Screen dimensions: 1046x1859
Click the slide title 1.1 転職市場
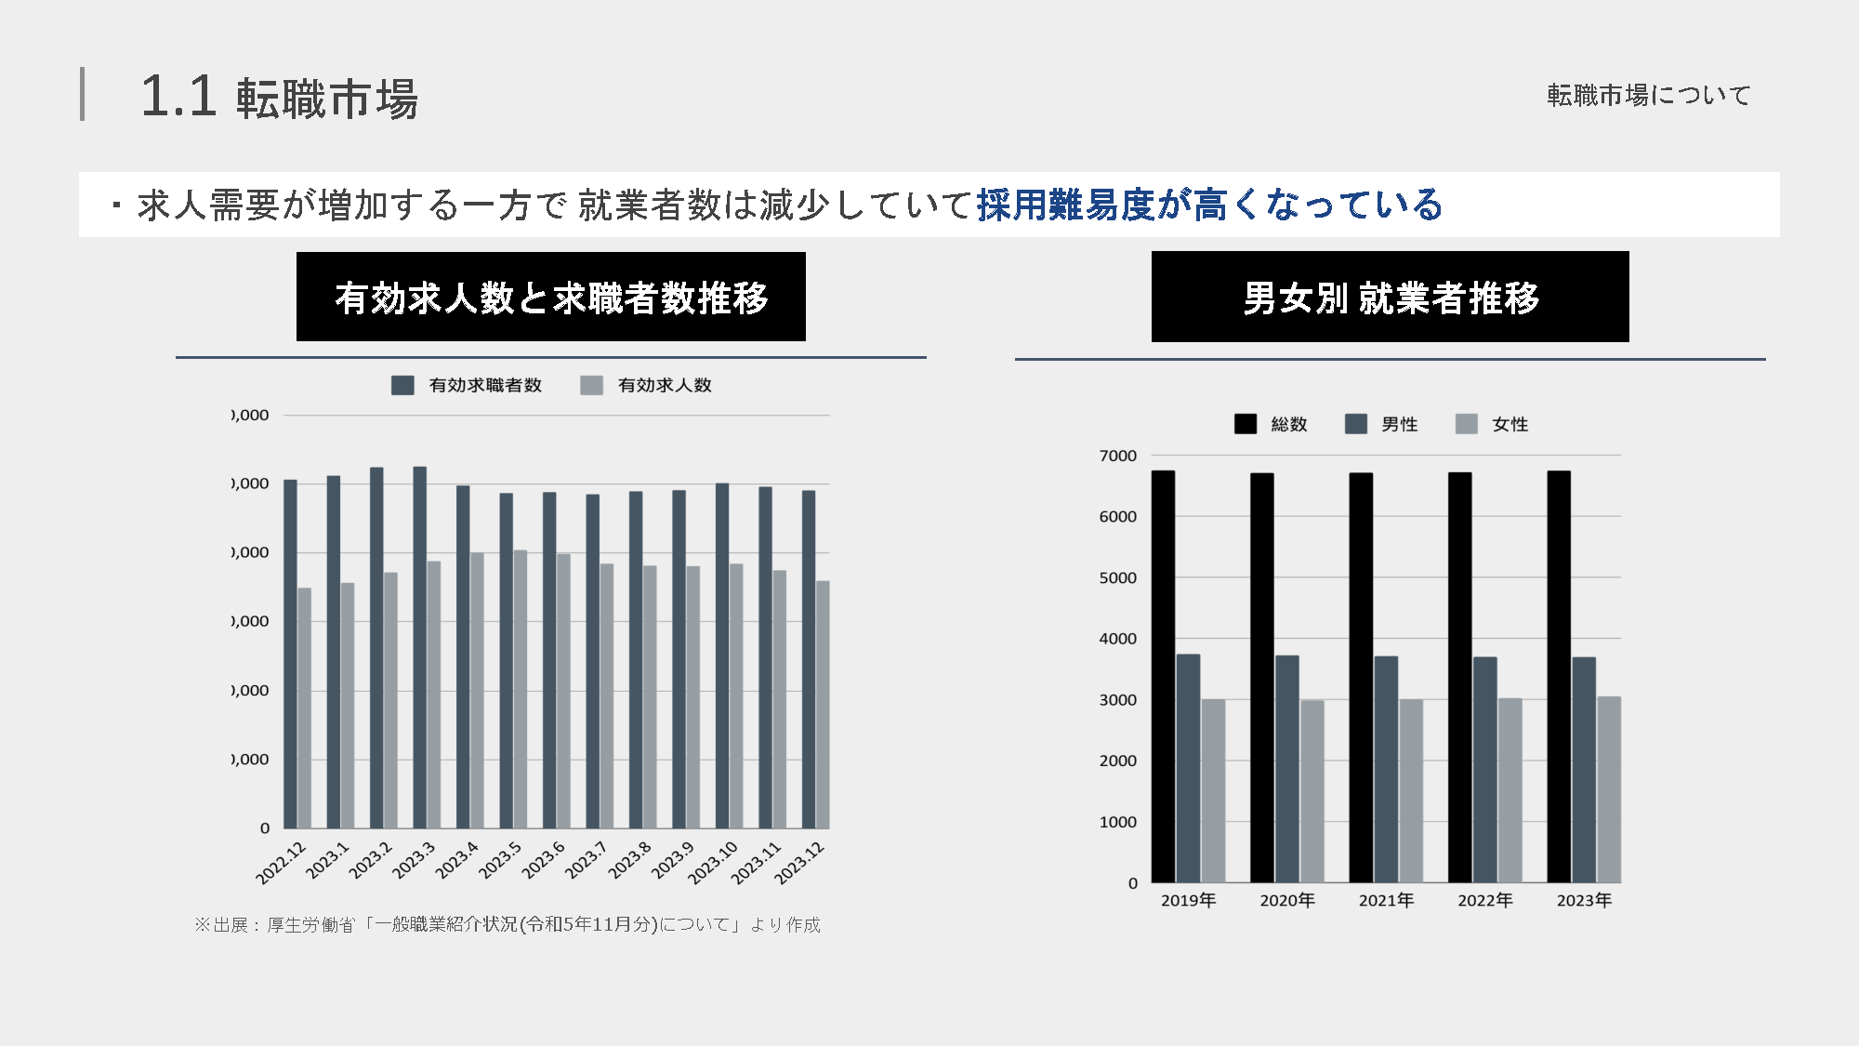(279, 97)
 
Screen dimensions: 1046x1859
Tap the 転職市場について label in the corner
(1648, 95)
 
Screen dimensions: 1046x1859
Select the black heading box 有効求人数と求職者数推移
(550, 297)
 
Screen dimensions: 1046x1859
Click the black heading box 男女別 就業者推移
(1390, 297)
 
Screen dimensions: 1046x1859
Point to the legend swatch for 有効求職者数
(402, 385)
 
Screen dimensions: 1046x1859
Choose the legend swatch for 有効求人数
(591, 385)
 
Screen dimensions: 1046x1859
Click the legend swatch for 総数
(1245, 424)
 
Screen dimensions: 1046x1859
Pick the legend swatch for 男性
(1355, 424)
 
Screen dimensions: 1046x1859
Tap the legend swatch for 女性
(1466, 424)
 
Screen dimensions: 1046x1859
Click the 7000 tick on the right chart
(1117, 456)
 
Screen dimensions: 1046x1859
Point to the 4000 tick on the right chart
(1117, 639)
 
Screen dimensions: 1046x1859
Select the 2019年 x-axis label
(1188, 900)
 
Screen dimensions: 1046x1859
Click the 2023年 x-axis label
(1584, 900)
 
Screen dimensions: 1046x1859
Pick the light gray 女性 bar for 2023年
(1609, 789)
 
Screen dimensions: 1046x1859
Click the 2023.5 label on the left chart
(500, 861)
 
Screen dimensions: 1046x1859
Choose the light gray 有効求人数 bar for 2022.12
(305, 708)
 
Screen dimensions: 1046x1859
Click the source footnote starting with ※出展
(508, 924)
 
